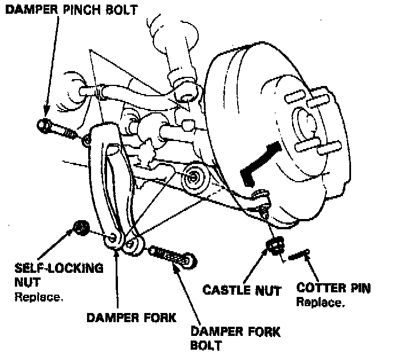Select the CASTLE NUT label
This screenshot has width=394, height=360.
coord(242,289)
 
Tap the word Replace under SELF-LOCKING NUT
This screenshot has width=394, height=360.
coord(38,298)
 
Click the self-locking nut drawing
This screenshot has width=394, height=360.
coord(81,228)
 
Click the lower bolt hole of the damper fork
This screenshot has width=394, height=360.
coord(131,244)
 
